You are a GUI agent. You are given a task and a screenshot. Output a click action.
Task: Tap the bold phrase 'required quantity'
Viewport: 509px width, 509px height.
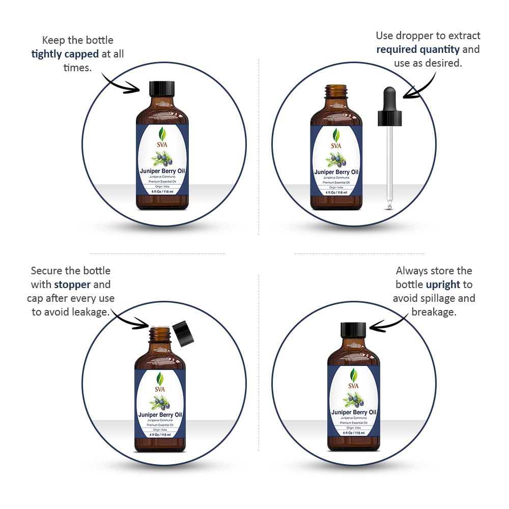point(418,49)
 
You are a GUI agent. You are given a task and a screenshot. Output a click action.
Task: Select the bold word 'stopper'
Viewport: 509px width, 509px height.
point(72,284)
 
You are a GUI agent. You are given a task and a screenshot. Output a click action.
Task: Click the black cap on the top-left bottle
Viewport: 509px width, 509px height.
point(162,89)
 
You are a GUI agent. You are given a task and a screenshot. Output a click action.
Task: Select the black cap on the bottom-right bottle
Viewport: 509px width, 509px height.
point(353,330)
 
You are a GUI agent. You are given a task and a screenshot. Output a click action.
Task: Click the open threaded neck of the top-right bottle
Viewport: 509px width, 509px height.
point(336,92)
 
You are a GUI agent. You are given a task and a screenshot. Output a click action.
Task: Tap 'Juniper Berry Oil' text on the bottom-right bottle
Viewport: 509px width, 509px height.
point(354,412)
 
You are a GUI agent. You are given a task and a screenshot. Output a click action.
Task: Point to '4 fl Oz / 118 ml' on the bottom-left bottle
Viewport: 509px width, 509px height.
point(160,435)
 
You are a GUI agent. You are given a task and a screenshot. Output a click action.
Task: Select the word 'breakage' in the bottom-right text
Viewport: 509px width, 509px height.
point(434,312)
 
